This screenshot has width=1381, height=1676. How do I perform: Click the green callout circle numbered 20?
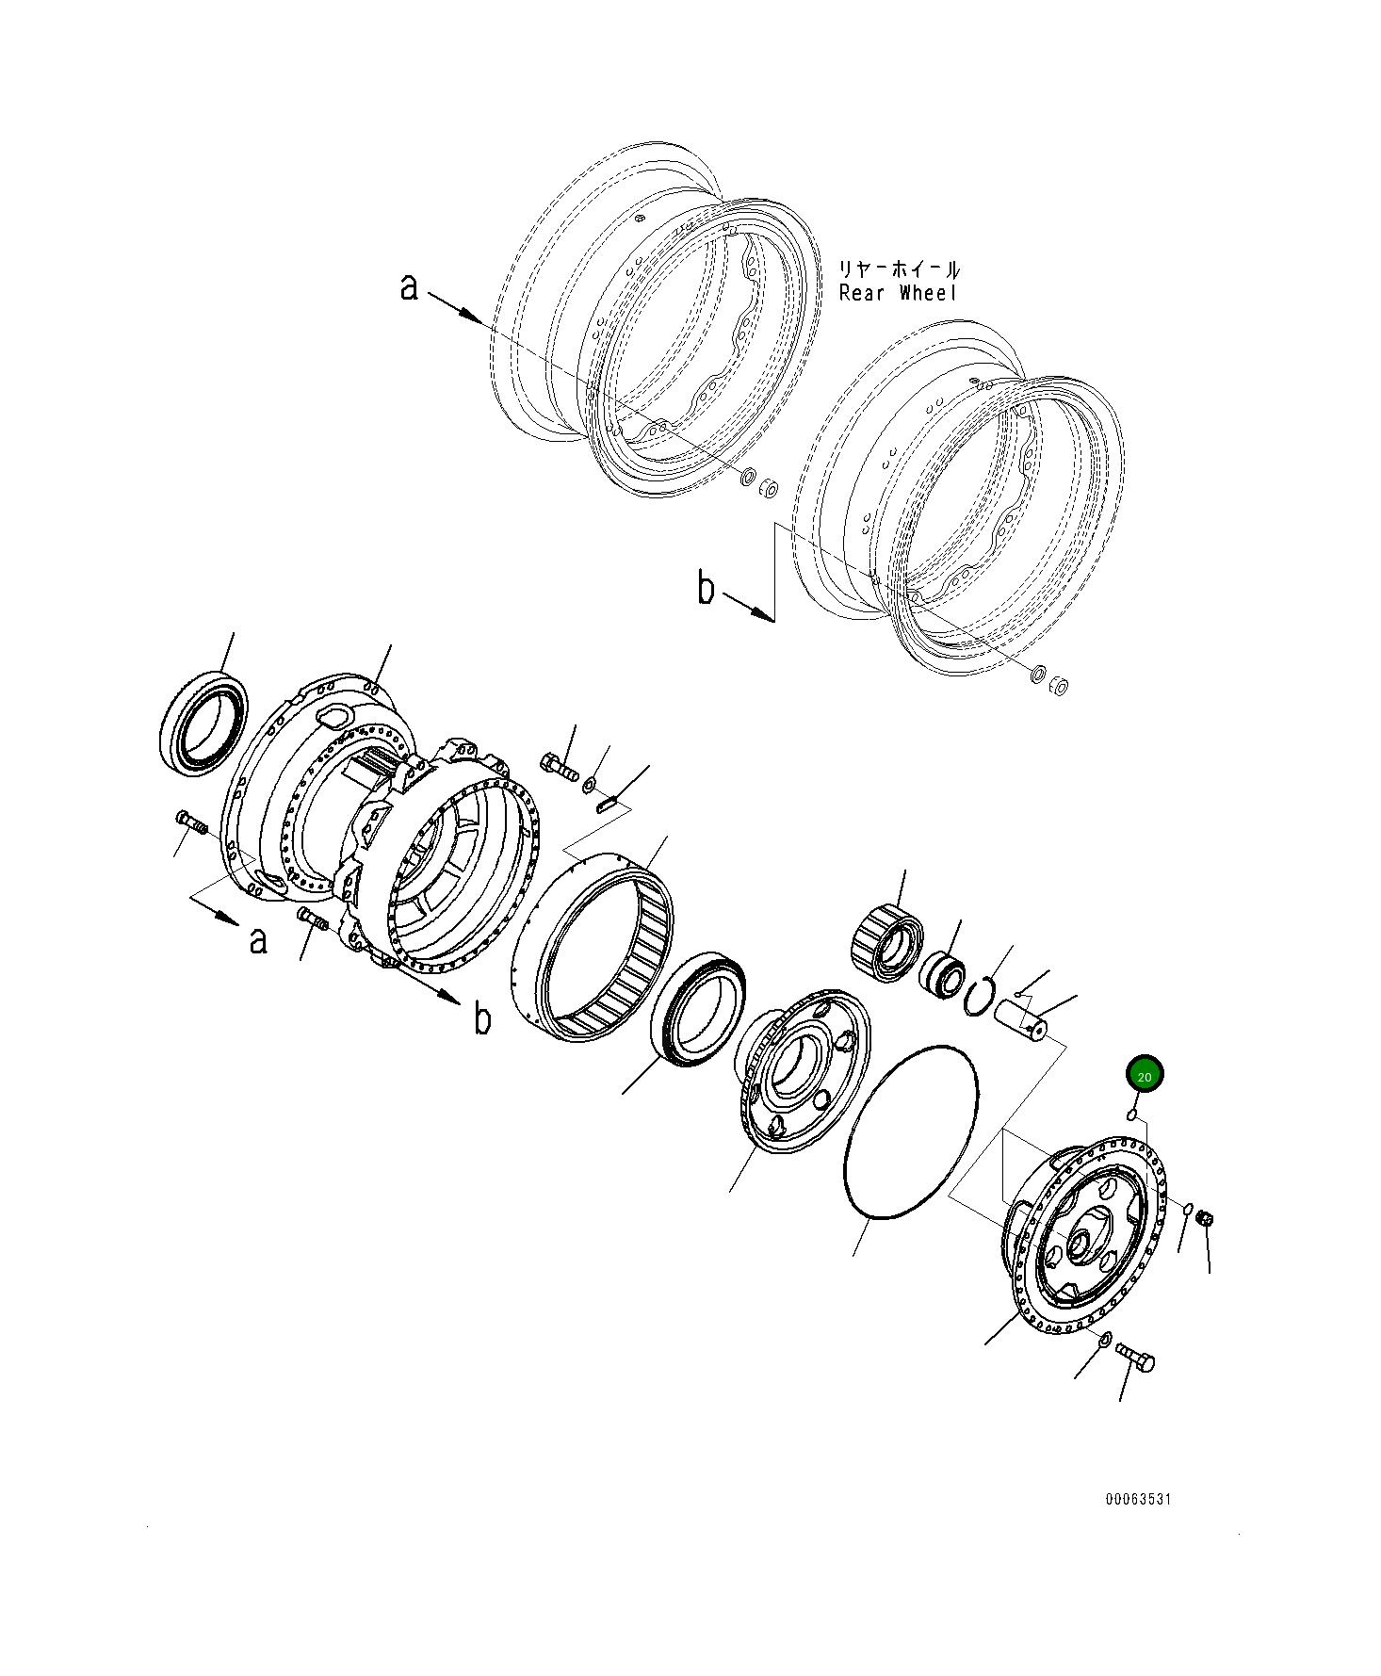(1145, 1075)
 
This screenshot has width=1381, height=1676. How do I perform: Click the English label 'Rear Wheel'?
(898, 294)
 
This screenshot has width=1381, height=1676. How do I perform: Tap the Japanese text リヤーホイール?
(900, 269)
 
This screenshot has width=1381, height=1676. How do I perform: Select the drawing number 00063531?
(1138, 1499)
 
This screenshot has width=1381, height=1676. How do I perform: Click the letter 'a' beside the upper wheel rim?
(408, 286)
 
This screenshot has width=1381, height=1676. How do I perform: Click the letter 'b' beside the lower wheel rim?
(706, 589)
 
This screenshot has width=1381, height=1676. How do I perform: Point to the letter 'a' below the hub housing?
(258, 939)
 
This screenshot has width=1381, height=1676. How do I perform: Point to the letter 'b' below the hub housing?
(481, 1019)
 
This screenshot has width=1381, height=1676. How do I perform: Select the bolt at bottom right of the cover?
(1136, 1358)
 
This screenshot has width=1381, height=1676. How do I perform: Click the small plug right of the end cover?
(1204, 1219)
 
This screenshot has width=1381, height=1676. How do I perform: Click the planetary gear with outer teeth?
(887, 941)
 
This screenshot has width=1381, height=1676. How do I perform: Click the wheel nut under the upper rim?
(769, 487)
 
